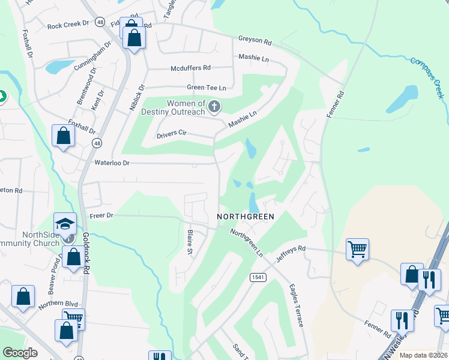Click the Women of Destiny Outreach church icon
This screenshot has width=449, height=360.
pyautogui.click(x=214, y=107)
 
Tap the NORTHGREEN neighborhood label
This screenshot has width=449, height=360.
pyautogui.click(x=246, y=217)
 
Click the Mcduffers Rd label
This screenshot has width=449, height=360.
pyautogui.click(x=190, y=68)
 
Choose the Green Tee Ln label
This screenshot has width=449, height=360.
pyautogui.click(x=206, y=88)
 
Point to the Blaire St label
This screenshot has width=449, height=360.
pyautogui.click(x=190, y=241)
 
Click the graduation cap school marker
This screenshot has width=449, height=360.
pyautogui.click(x=65, y=224)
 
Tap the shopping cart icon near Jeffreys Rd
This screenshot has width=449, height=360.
pyautogui.click(x=357, y=248)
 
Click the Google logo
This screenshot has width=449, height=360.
pyautogui.click(x=20, y=353)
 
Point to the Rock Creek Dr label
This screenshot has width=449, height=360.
pyautogui.click(x=67, y=25)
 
